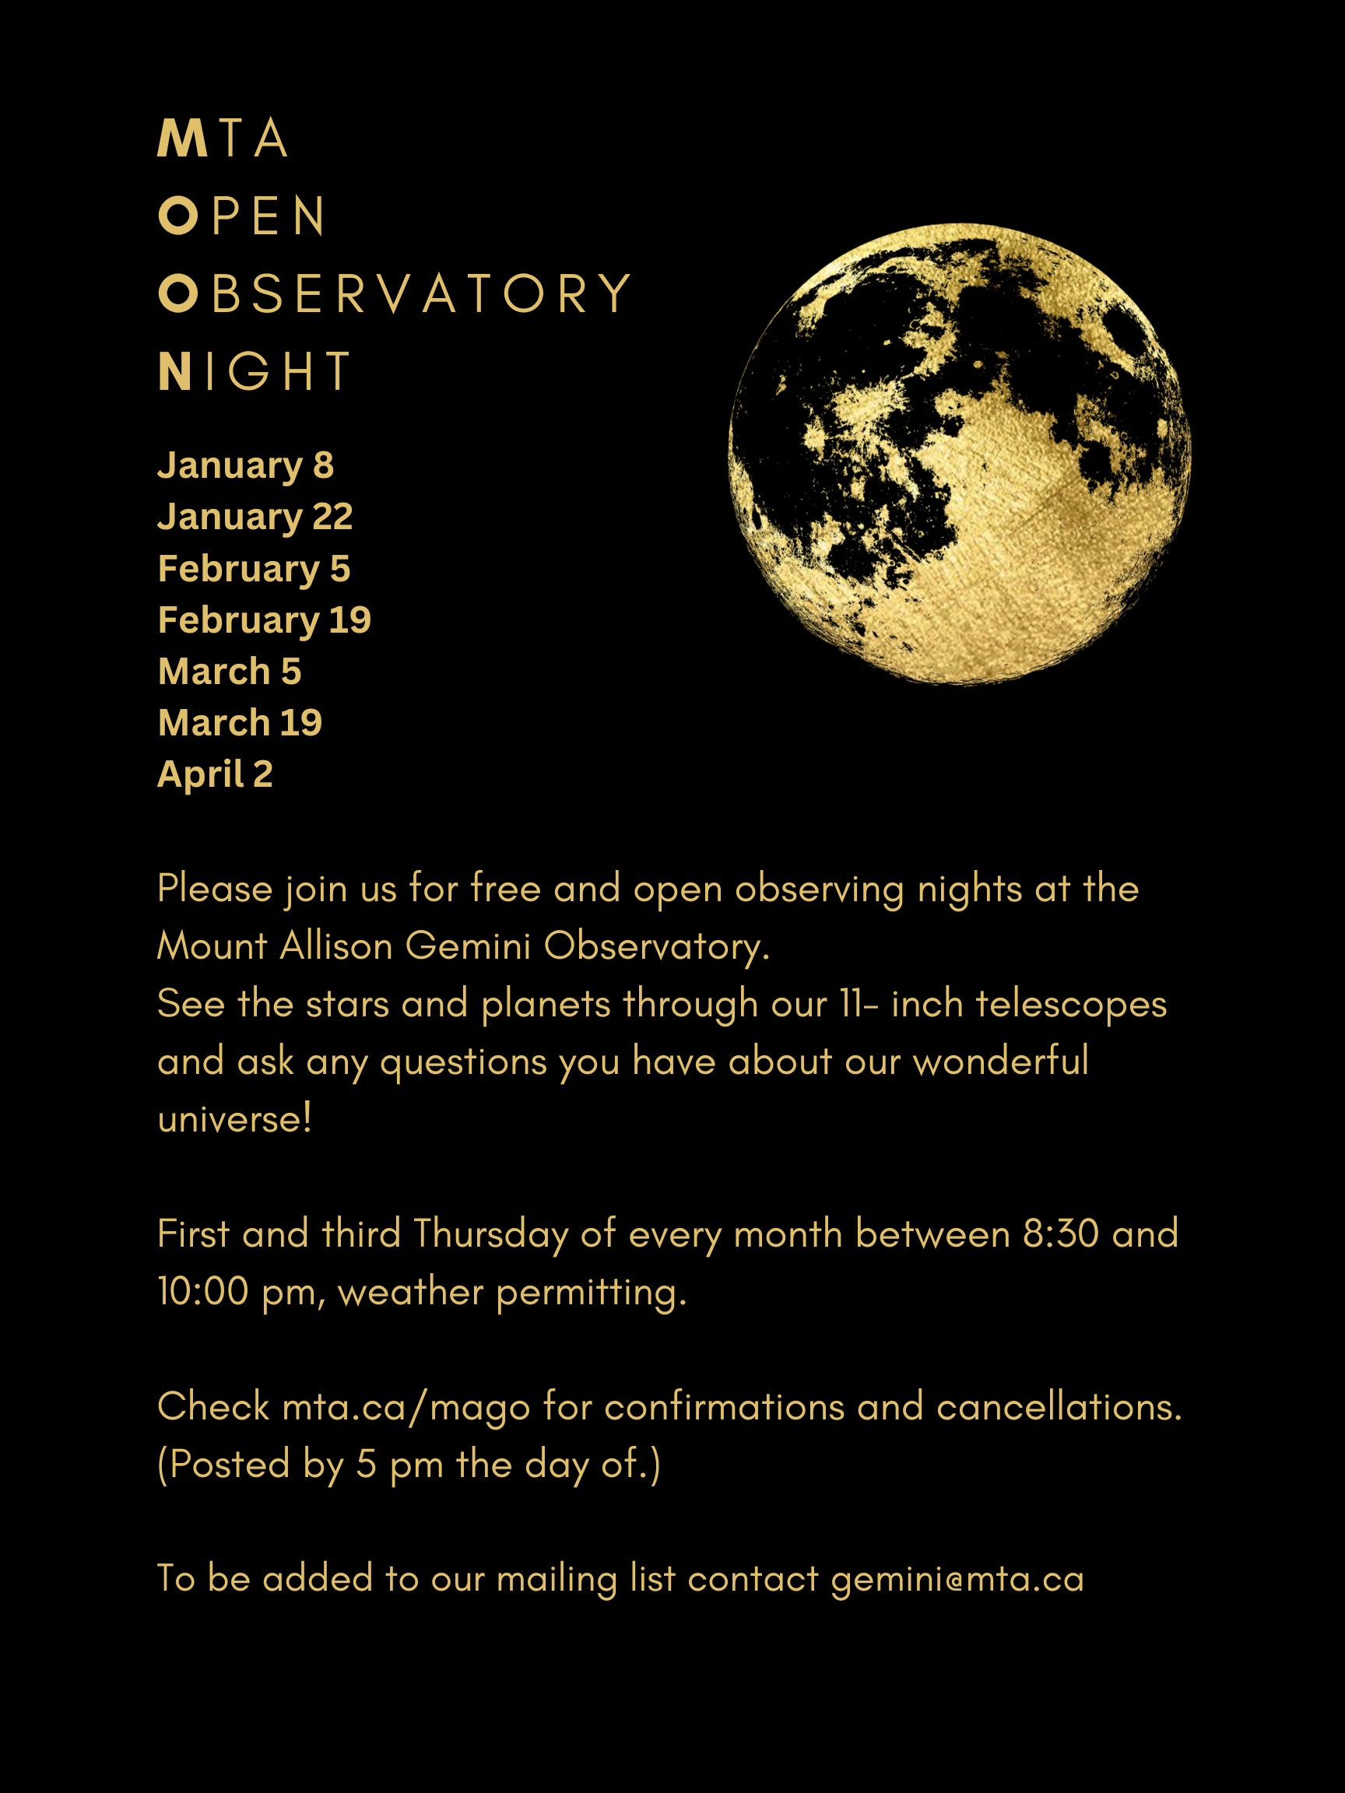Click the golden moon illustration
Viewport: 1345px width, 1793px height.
tap(960, 454)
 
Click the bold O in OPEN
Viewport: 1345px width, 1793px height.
tap(178, 216)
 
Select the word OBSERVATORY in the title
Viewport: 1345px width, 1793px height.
tap(395, 293)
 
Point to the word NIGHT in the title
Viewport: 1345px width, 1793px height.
tap(255, 371)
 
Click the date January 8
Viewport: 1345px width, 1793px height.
tap(246, 466)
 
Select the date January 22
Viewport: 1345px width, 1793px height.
tap(255, 518)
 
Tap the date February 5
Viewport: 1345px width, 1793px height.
tap(254, 569)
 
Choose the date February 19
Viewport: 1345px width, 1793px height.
tap(265, 620)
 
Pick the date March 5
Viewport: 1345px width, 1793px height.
tap(230, 671)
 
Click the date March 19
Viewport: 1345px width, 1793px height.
tap(240, 722)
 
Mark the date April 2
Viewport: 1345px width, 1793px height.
tap(215, 774)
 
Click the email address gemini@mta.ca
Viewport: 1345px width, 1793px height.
tap(957, 1579)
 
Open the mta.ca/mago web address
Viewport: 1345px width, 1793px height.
tap(406, 1406)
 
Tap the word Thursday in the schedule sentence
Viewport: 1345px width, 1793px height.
tap(490, 1234)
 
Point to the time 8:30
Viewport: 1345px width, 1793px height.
tap(1060, 1233)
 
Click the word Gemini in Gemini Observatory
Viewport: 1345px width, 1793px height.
tap(468, 946)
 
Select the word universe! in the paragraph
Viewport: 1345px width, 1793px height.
tap(234, 1119)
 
